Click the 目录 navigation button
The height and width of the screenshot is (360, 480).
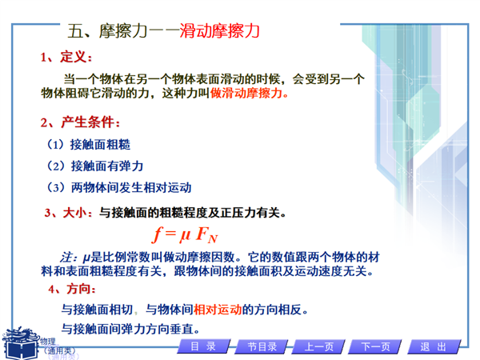[203, 346]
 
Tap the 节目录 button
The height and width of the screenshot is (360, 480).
[262, 346]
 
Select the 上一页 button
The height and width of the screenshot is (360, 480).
[318, 346]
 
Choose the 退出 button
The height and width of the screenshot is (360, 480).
[434, 346]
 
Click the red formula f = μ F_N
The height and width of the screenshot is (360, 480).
[185, 235]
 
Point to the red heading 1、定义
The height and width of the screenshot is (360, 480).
[66, 57]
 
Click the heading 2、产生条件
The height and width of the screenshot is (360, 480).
[80, 122]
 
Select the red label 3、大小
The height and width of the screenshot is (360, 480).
[68, 213]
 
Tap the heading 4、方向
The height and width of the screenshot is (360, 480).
[72, 289]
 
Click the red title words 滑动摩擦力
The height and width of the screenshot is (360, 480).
[219, 31]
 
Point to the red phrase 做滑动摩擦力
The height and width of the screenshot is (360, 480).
[249, 93]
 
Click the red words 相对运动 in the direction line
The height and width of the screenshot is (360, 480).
[218, 310]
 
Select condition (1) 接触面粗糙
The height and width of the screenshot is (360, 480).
[89, 145]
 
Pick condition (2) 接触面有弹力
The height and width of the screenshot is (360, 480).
[95, 166]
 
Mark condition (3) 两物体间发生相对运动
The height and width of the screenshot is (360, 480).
[119, 187]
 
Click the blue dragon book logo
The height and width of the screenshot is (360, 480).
[21, 343]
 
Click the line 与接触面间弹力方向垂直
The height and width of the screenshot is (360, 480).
[130, 329]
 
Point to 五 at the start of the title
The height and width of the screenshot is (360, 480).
[75, 31]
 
